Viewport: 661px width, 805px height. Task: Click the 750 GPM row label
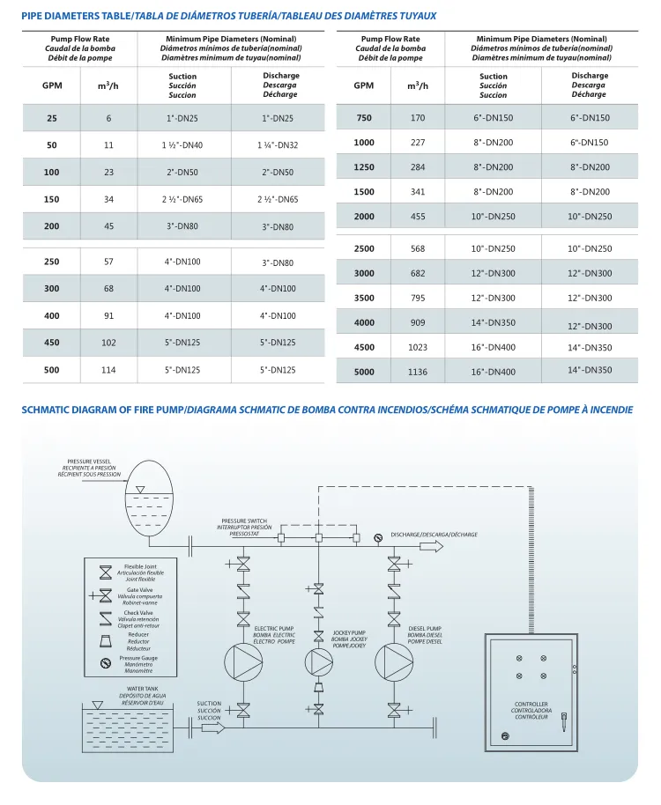[363, 118]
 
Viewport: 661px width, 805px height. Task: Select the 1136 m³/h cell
[417, 372]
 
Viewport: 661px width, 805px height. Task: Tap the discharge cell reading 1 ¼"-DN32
[278, 145]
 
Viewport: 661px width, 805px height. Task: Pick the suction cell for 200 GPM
[182, 226]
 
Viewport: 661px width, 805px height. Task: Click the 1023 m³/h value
[417, 347]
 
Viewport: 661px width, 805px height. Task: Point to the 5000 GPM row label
[363, 372]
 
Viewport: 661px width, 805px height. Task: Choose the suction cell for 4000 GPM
[494, 322]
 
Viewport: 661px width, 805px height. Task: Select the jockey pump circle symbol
[318, 662]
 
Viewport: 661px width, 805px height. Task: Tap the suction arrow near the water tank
[213, 727]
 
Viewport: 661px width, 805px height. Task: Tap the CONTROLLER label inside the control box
[531, 704]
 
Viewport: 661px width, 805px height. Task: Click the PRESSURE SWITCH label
[244, 521]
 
